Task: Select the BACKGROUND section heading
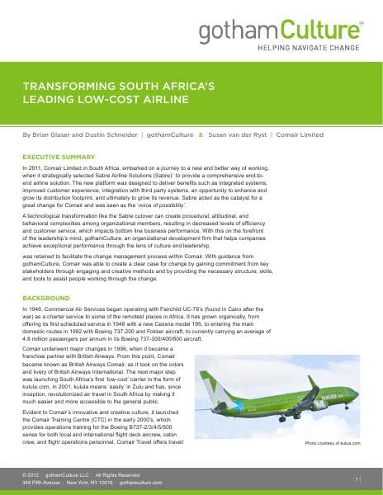(45, 296)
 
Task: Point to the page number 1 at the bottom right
(356, 478)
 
